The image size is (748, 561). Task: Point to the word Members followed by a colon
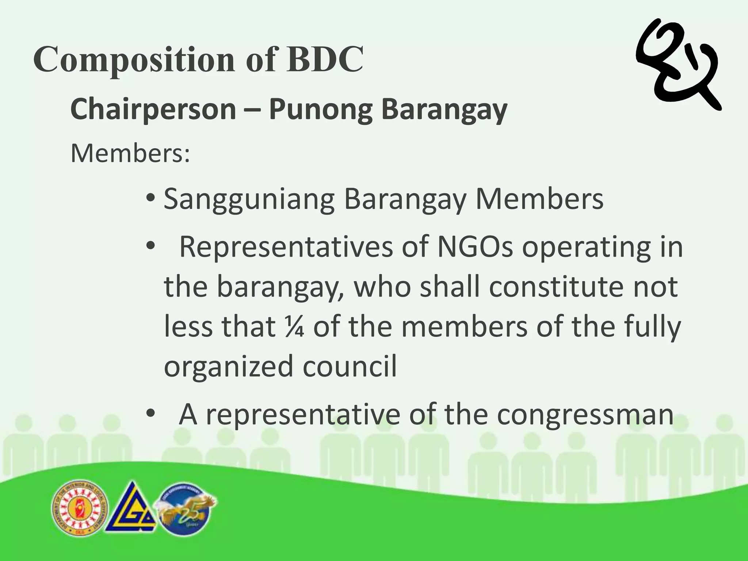coord(130,153)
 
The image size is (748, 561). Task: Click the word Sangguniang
coord(249,199)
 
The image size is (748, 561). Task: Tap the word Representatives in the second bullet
coord(286,247)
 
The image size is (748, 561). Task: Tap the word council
coord(349,366)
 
